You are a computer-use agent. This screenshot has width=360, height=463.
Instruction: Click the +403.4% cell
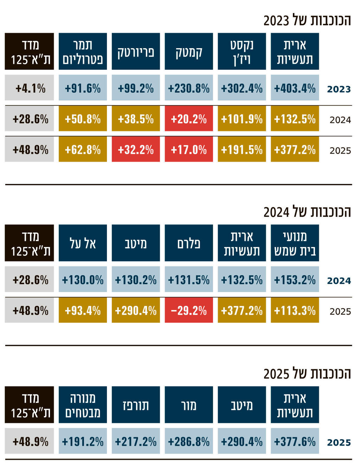click(x=295, y=88)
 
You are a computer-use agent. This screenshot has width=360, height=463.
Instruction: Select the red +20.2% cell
click(x=189, y=119)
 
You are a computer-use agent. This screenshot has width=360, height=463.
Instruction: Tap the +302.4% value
click(x=242, y=88)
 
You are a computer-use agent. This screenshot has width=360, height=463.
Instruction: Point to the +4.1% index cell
click(x=30, y=88)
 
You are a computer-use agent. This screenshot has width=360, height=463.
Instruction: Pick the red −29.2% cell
click(x=189, y=310)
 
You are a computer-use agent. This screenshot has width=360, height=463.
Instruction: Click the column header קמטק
click(x=189, y=52)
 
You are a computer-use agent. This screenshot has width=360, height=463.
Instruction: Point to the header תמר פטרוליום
click(x=83, y=52)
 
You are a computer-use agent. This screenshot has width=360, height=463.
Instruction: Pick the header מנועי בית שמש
click(x=295, y=243)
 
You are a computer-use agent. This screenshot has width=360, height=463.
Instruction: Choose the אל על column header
click(x=83, y=243)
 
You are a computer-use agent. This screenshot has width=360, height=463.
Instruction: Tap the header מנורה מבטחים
click(x=83, y=405)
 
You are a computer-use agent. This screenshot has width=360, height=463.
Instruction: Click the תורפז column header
click(x=136, y=405)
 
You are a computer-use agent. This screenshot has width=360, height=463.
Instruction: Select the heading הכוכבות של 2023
click(x=307, y=20)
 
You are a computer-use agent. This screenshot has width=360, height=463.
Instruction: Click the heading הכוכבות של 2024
click(x=307, y=212)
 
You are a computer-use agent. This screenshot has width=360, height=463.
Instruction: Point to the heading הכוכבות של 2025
click(x=307, y=373)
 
